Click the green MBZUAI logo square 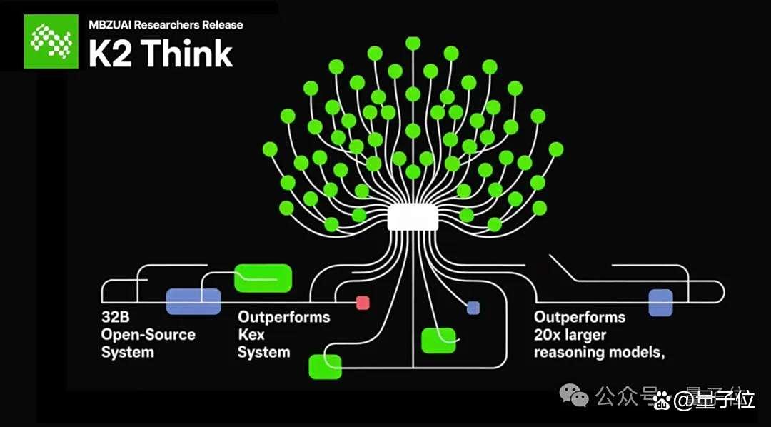pyautogui.click(x=51, y=41)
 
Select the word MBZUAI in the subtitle pyautogui.click(x=110, y=24)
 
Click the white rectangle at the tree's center pyautogui.click(x=413, y=218)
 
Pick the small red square pyautogui.click(x=363, y=303)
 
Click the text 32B pyautogui.click(x=115, y=317)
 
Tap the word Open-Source pyautogui.click(x=148, y=335)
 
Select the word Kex pyautogui.click(x=251, y=335)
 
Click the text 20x pyautogui.click(x=549, y=335)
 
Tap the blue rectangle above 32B pyautogui.click(x=193, y=301)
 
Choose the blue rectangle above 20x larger pyautogui.click(x=660, y=303)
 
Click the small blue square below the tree pyautogui.click(x=473, y=308)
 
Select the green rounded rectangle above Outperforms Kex pyautogui.click(x=263, y=278)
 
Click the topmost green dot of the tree pyautogui.click(x=413, y=43)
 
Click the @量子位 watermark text pyautogui.click(x=714, y=401)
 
